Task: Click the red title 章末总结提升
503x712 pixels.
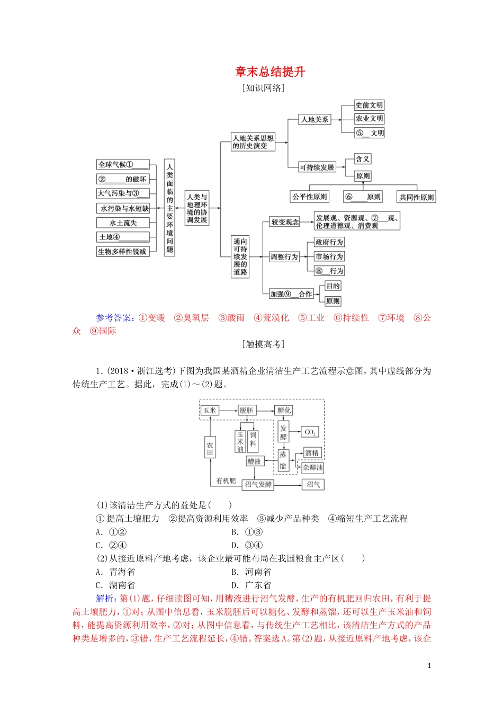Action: [270, 72]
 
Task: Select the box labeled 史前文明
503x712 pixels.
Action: [369, 105]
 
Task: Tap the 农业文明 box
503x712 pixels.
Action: [369, 119]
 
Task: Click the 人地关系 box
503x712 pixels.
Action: [315, 120]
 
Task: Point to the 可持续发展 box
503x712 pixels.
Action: [317, 167]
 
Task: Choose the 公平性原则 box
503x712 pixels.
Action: [310, 197]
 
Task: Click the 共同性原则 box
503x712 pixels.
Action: [416, 197]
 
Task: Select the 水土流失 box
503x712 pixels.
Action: [123, 223]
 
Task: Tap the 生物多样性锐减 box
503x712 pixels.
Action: [122, 252]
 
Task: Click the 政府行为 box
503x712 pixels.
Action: [329, 242]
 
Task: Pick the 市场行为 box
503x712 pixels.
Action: [329, 256]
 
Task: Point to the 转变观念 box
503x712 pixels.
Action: [285, 222]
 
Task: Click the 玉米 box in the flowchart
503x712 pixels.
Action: [210, 411]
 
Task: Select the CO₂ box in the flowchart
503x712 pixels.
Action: [310, 432]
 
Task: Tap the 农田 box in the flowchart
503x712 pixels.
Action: [210, 449]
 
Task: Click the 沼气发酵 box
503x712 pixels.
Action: [258, 485]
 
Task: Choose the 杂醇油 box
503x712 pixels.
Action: [312, 468]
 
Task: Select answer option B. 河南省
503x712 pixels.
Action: [251, 572]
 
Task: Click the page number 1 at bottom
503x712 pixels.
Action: [429, 666]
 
